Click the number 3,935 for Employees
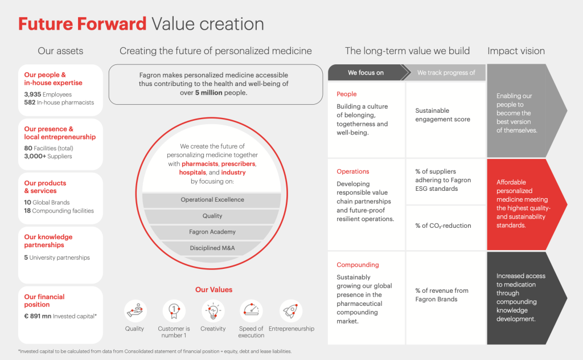pos(32,95)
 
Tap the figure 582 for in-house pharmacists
pos(30,103)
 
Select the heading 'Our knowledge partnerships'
pos(48,241)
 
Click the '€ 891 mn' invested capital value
pos(38,316)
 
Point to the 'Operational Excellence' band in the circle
pos(212,200)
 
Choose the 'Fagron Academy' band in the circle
pos(212,232)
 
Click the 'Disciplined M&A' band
pos(212,248)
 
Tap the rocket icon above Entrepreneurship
pos(291,311)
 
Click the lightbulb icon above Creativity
pos(213,311)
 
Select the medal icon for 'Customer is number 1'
pos(174,311)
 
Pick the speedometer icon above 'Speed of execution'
pos(251,311)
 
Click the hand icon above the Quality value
pos(135,311)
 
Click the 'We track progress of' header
pos(446,72)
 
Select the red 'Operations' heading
pos(353,171)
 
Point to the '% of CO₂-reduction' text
pos(443,226)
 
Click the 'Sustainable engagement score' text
pos(442,115)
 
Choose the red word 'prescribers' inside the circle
pos(239,163)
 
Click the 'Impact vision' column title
pos(516,51)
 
